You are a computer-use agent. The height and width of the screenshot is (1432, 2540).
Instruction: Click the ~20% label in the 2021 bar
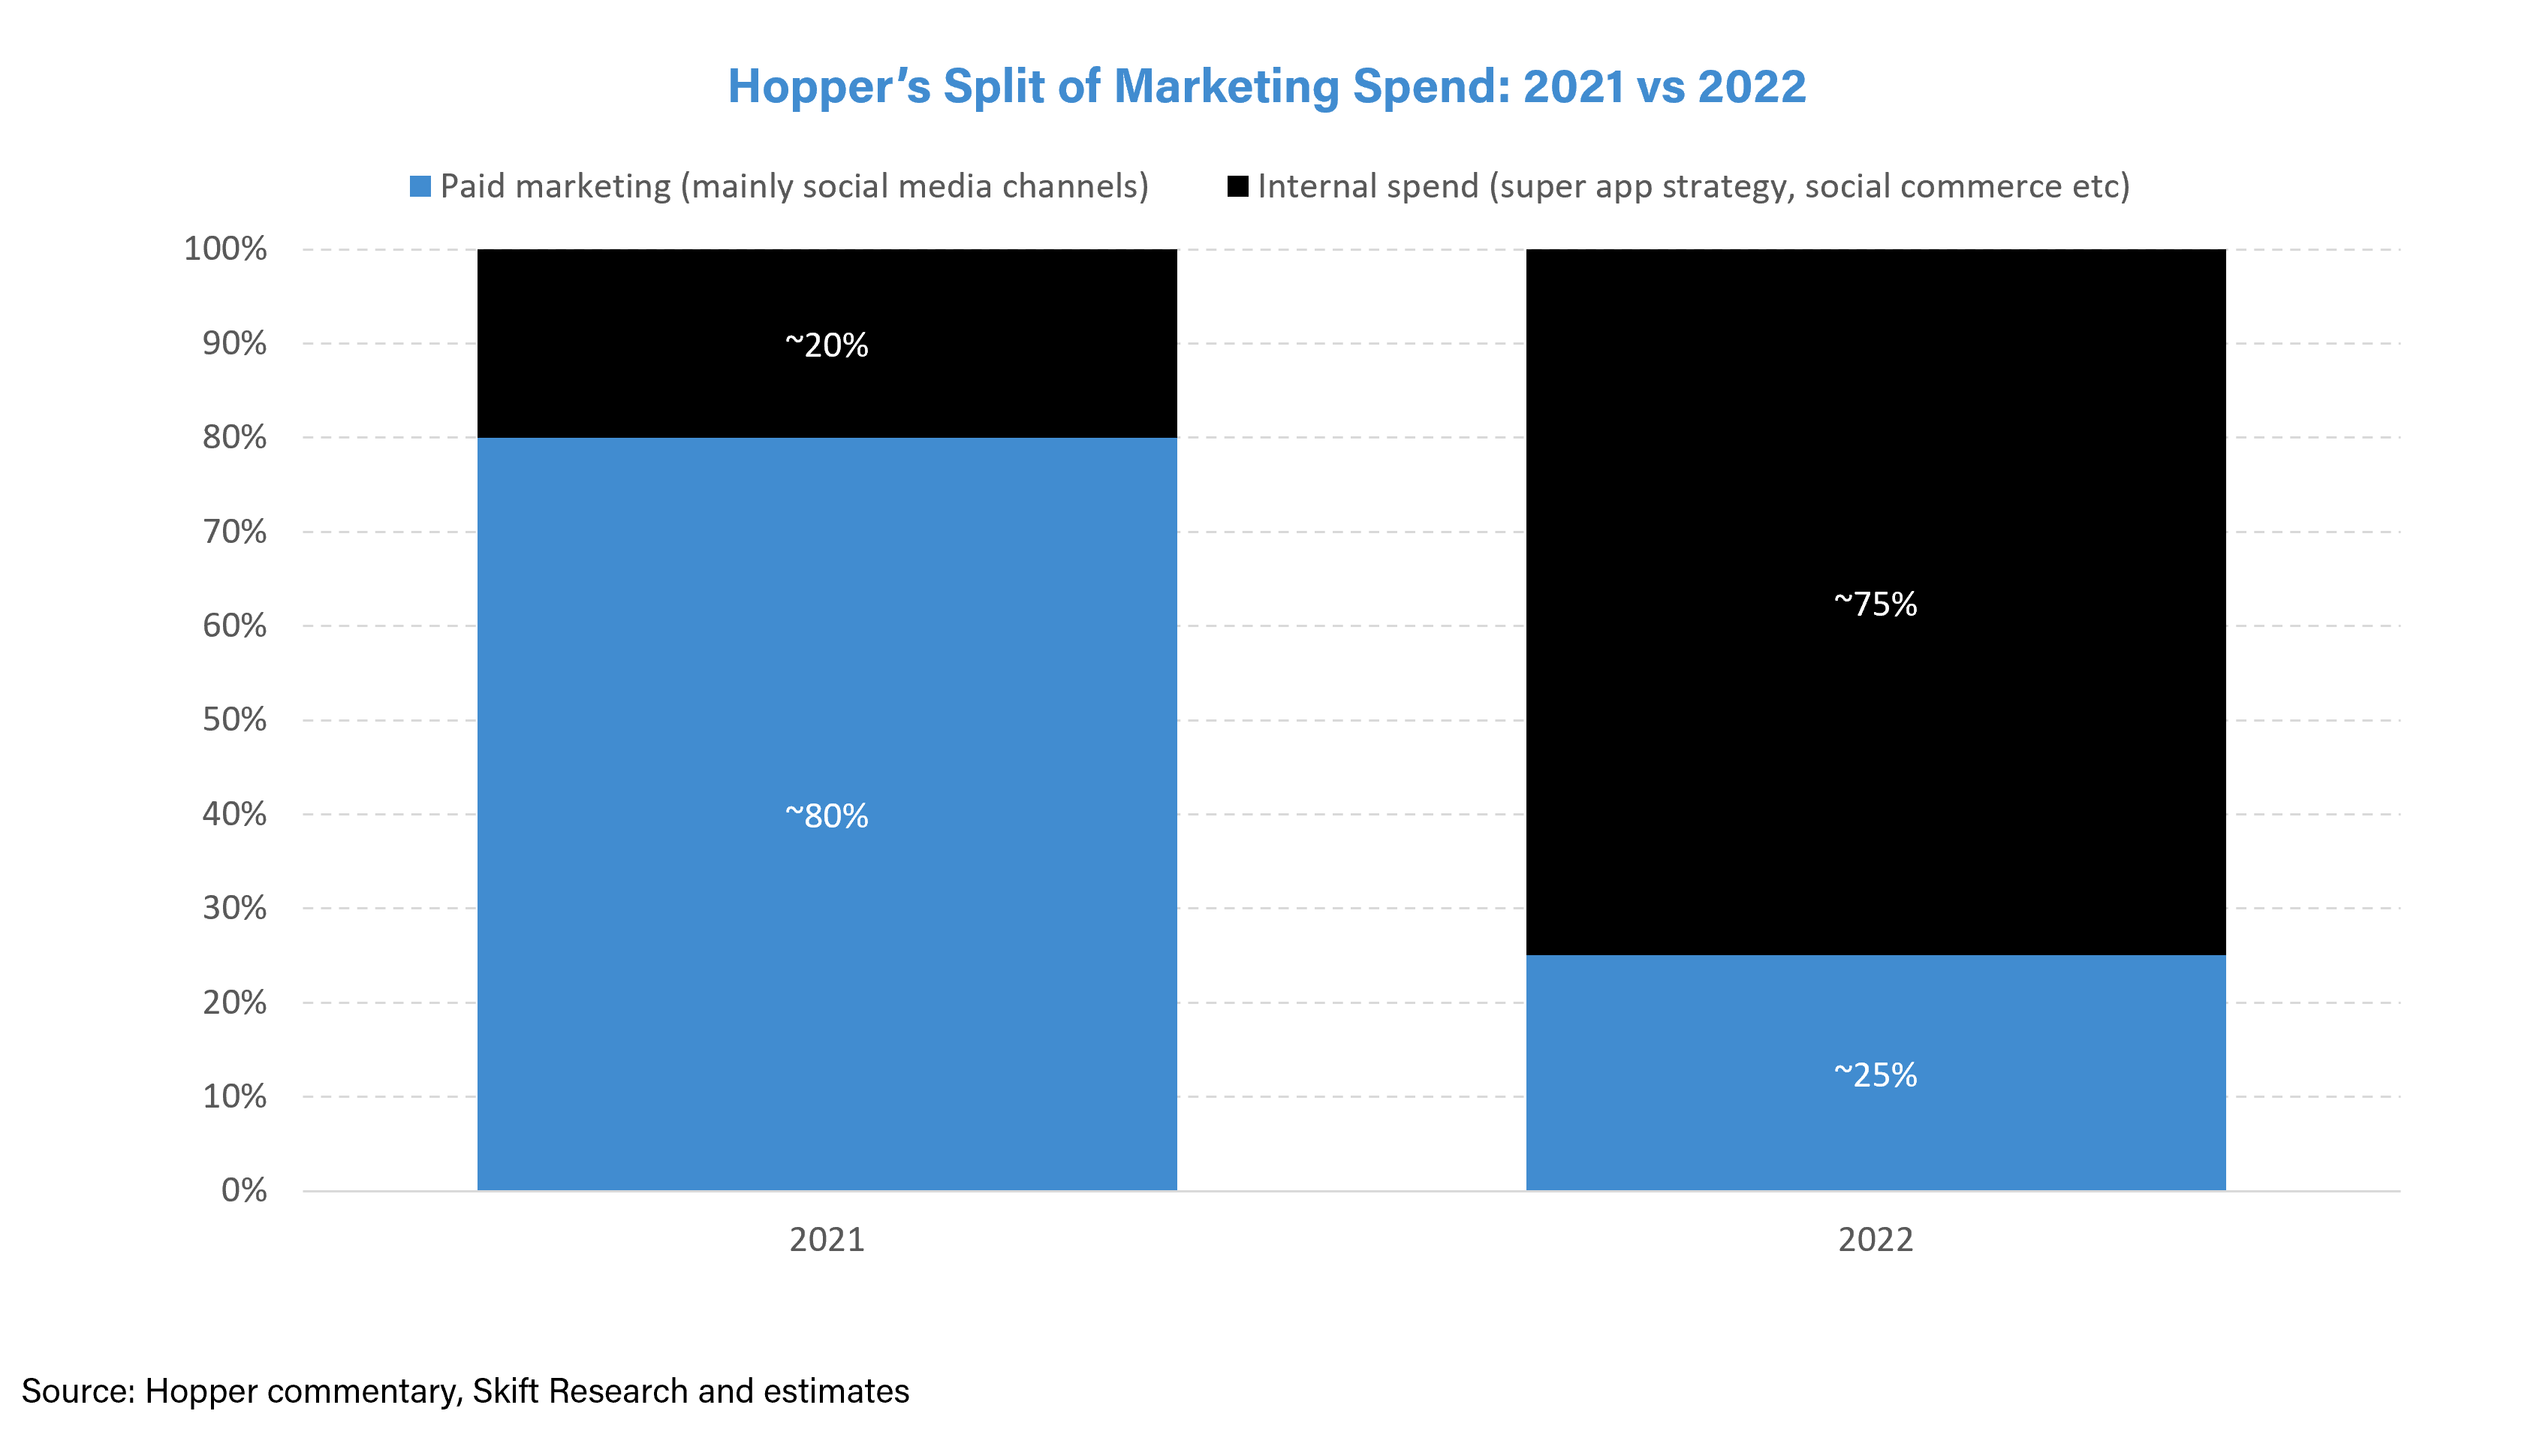click(827, 345)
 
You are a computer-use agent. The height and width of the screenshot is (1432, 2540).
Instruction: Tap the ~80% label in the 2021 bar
click(827, 815)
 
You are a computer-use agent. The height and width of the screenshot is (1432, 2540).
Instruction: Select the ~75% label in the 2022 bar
click(1875, 604)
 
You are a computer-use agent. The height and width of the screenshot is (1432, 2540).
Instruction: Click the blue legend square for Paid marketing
click(420, 186)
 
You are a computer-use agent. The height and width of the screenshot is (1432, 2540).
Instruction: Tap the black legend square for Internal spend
click(1237, 186)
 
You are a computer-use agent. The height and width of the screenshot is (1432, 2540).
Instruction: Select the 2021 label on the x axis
click(827, 1240)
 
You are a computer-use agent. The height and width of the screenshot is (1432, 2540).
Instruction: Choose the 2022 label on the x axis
click(1875, 1240)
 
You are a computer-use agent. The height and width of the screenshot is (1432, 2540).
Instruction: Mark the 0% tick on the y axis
click(243, 1190)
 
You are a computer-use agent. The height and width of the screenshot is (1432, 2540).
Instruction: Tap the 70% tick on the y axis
click(235, 532)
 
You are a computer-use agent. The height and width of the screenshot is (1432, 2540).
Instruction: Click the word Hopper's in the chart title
click(828, 87)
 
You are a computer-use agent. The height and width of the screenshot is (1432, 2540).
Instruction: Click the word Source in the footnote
click(77, 1391)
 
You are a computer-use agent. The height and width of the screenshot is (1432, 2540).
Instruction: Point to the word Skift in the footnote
click(506, 1391)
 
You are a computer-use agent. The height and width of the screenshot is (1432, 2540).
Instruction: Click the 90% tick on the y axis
click(235, 343)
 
